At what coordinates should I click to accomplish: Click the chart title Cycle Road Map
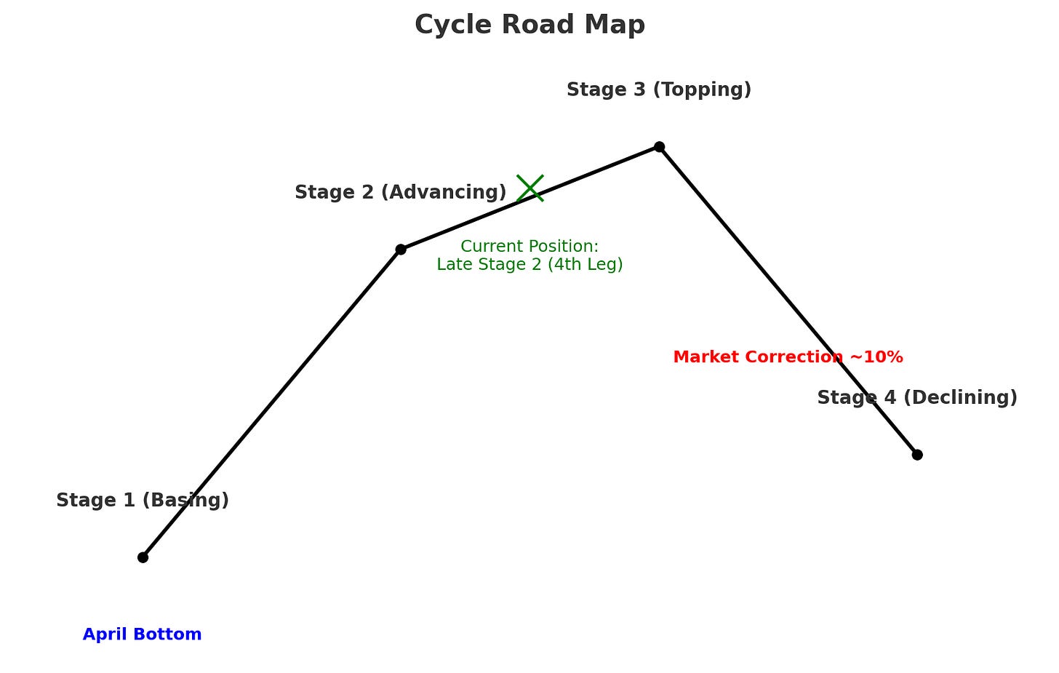pyautogui.click(x=529, y=25)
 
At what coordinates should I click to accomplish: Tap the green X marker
pyautogui.click(x=530, y=188)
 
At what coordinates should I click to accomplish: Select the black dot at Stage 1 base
pyautogui.click(x=143, y=557)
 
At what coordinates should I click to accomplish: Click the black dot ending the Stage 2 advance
pyautogui.click(x=401, y=250)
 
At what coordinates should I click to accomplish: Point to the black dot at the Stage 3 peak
pyautogui.click(x=659, y=147)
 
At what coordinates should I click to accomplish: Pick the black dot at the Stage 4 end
pyautogui.click(x=917, y=455)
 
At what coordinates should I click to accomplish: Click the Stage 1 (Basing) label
pyautogui.click(x=143, y=501)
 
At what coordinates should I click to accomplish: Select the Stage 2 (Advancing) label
pyautogui.click(x=400, y=193)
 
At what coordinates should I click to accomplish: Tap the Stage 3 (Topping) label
pyautogui.click(x=659, y=90)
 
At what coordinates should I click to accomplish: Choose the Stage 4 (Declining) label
pyautogui.click(x=917, y=398)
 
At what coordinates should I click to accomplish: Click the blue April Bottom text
pyautogui.click(x=142, y=634)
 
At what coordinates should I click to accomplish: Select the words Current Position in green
pyautogui.click(x=529, y=247)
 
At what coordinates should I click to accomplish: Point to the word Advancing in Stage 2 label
pyautogui.click(x=443, y=193)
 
